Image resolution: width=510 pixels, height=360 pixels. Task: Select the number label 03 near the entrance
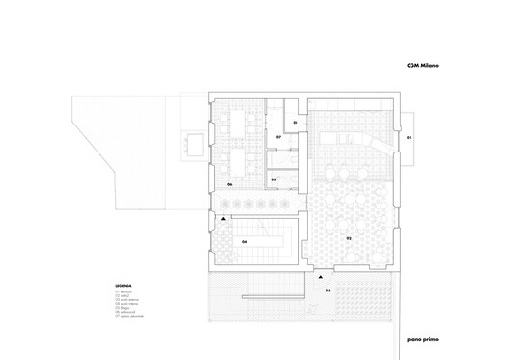[x=326, y=290]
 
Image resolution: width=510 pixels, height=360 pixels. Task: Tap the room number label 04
[x=244, y=241]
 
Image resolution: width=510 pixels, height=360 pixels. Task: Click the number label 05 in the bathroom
[x=274, y=180]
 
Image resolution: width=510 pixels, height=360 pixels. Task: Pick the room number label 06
[x=230, y=184]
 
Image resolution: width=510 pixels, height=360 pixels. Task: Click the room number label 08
[x=296, y=124]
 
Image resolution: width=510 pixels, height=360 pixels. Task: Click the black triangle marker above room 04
[x=223, y=221]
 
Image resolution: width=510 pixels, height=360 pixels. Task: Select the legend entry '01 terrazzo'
[x=126, y=291]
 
